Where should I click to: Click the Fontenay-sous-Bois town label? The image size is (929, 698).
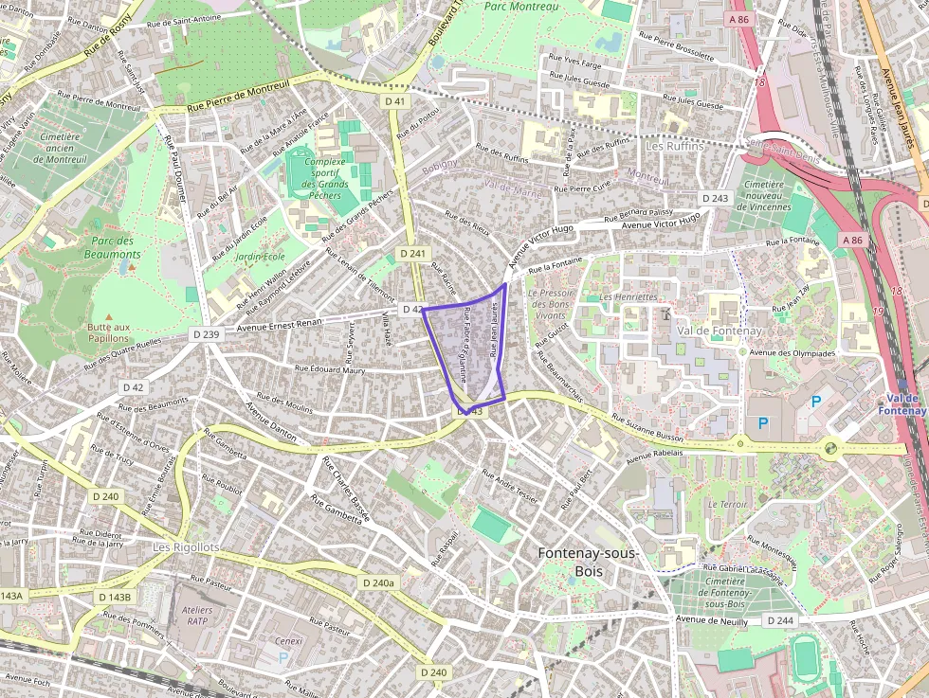(588, 562)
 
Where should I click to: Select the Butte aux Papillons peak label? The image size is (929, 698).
(108, 332)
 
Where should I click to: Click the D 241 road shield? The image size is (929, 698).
(414, 254)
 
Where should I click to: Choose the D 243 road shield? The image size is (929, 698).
(716, 198)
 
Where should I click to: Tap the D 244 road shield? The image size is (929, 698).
(779, 620)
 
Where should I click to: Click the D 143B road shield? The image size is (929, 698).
(114, 598)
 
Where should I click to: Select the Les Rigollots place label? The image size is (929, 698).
(187, 548)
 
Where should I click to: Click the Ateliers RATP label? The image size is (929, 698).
(195, 617)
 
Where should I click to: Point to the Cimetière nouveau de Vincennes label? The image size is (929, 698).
(768, 196)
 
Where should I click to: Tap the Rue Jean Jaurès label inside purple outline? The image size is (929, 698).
(494, 331)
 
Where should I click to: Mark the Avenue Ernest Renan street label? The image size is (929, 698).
(279, 323)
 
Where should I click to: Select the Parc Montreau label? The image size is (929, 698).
(520, 6)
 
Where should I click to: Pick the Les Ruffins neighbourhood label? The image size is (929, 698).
(675, 147)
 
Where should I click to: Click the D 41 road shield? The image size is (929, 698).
(395, 100)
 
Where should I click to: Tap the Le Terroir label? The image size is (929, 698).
(727, 505)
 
